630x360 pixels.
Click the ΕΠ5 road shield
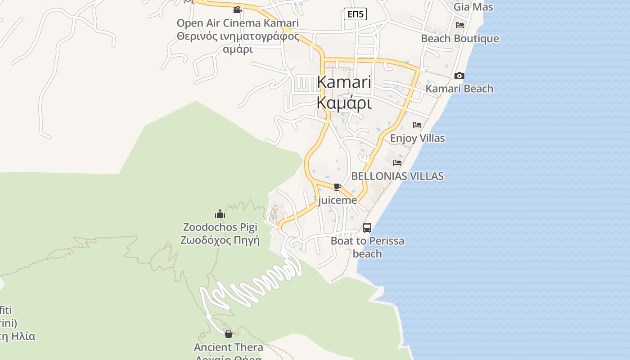(x=355, y=14)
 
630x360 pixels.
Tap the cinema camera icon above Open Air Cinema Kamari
(x=237, y=9)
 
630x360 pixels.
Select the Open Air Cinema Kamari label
(x=238, y=23)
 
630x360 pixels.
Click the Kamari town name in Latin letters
(x=344, y=82)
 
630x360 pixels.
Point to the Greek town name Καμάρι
(x=344, y=103)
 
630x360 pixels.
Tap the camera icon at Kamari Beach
(x=459, y=76)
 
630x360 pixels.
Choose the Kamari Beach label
(x=459, y=89)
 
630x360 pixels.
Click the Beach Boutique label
(x=460, y=39)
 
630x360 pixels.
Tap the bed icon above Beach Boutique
(x=459, y=25)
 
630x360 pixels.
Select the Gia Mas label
(x=473, y=7)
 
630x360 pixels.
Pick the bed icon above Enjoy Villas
(x=417, y=125)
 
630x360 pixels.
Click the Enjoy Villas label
(x=417, y=138)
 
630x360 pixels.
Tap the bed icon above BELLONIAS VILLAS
(x=397, y=163)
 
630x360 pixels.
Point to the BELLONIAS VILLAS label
(x=397, y=176)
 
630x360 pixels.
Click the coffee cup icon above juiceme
(x=337, y=187)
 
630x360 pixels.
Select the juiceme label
(x=337, y=200)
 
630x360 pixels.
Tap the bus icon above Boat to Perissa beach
(x=367, y=228)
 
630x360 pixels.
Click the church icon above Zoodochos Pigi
(x=220, y=214)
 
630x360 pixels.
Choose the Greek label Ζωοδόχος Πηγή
(x=220, y=240)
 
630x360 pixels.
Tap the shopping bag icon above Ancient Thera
(x=229, y=334)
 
